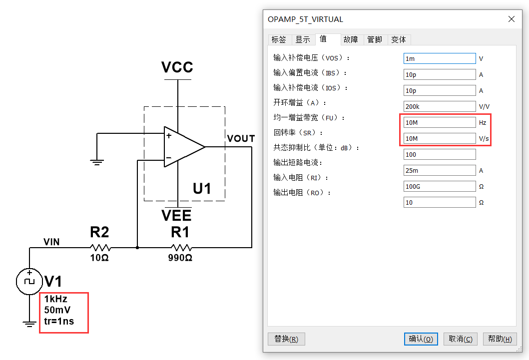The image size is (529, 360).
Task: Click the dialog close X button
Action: pyautogui.click(x=512, y=19)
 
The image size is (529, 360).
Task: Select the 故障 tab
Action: pyautogui.click(x=351, y=40)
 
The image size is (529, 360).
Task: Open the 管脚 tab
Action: pyautogui.click(x=375, y=40)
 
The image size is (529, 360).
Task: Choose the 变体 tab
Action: pyautogui.click(x=399, y=40)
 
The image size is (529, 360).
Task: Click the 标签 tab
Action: pyautogui.click(x=279, y=40)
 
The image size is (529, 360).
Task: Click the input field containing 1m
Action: pyautogui.click(x=440, y=58)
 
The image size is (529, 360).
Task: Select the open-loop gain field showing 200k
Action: pyautogui.click(x=440, y=106)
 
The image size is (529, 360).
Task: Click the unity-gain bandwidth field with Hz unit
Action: pyautogui.click(x=440, y=122)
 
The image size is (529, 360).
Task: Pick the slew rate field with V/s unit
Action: pyautogui.click(x=440, y=138)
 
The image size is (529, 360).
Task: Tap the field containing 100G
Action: pyautogui.click(x=440, y=186)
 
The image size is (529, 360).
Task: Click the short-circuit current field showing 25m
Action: pyautogui.click(x=440, y=171)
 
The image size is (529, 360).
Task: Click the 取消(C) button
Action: pyautogui.click(x=461, y=339)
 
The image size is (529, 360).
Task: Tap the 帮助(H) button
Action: pyautogui.click(x=500, y=339)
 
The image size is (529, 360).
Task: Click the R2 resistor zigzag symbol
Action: pyautogui.click(x=100, y=248)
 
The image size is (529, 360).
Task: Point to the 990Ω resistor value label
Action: pyautogui.click(x=180, y=258)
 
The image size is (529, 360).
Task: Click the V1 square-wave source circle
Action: pyautogui.click(x=29, y=282)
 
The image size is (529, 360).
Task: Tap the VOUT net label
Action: pyautogui.click(x=241, y=138)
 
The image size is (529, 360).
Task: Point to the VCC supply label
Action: pyautogui.click(x=177, y=67)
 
